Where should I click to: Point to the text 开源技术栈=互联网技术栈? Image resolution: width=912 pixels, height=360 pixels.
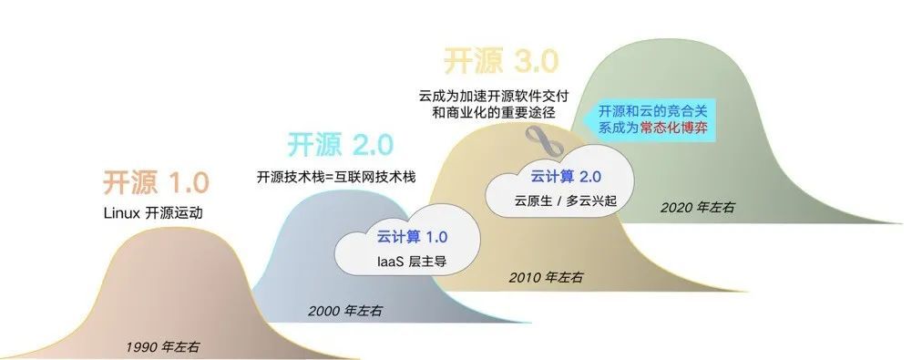(x=337, y=177)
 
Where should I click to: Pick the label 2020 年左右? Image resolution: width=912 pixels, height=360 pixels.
(x=698, y=208)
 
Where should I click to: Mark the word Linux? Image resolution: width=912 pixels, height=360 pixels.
(x=122, y=214)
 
